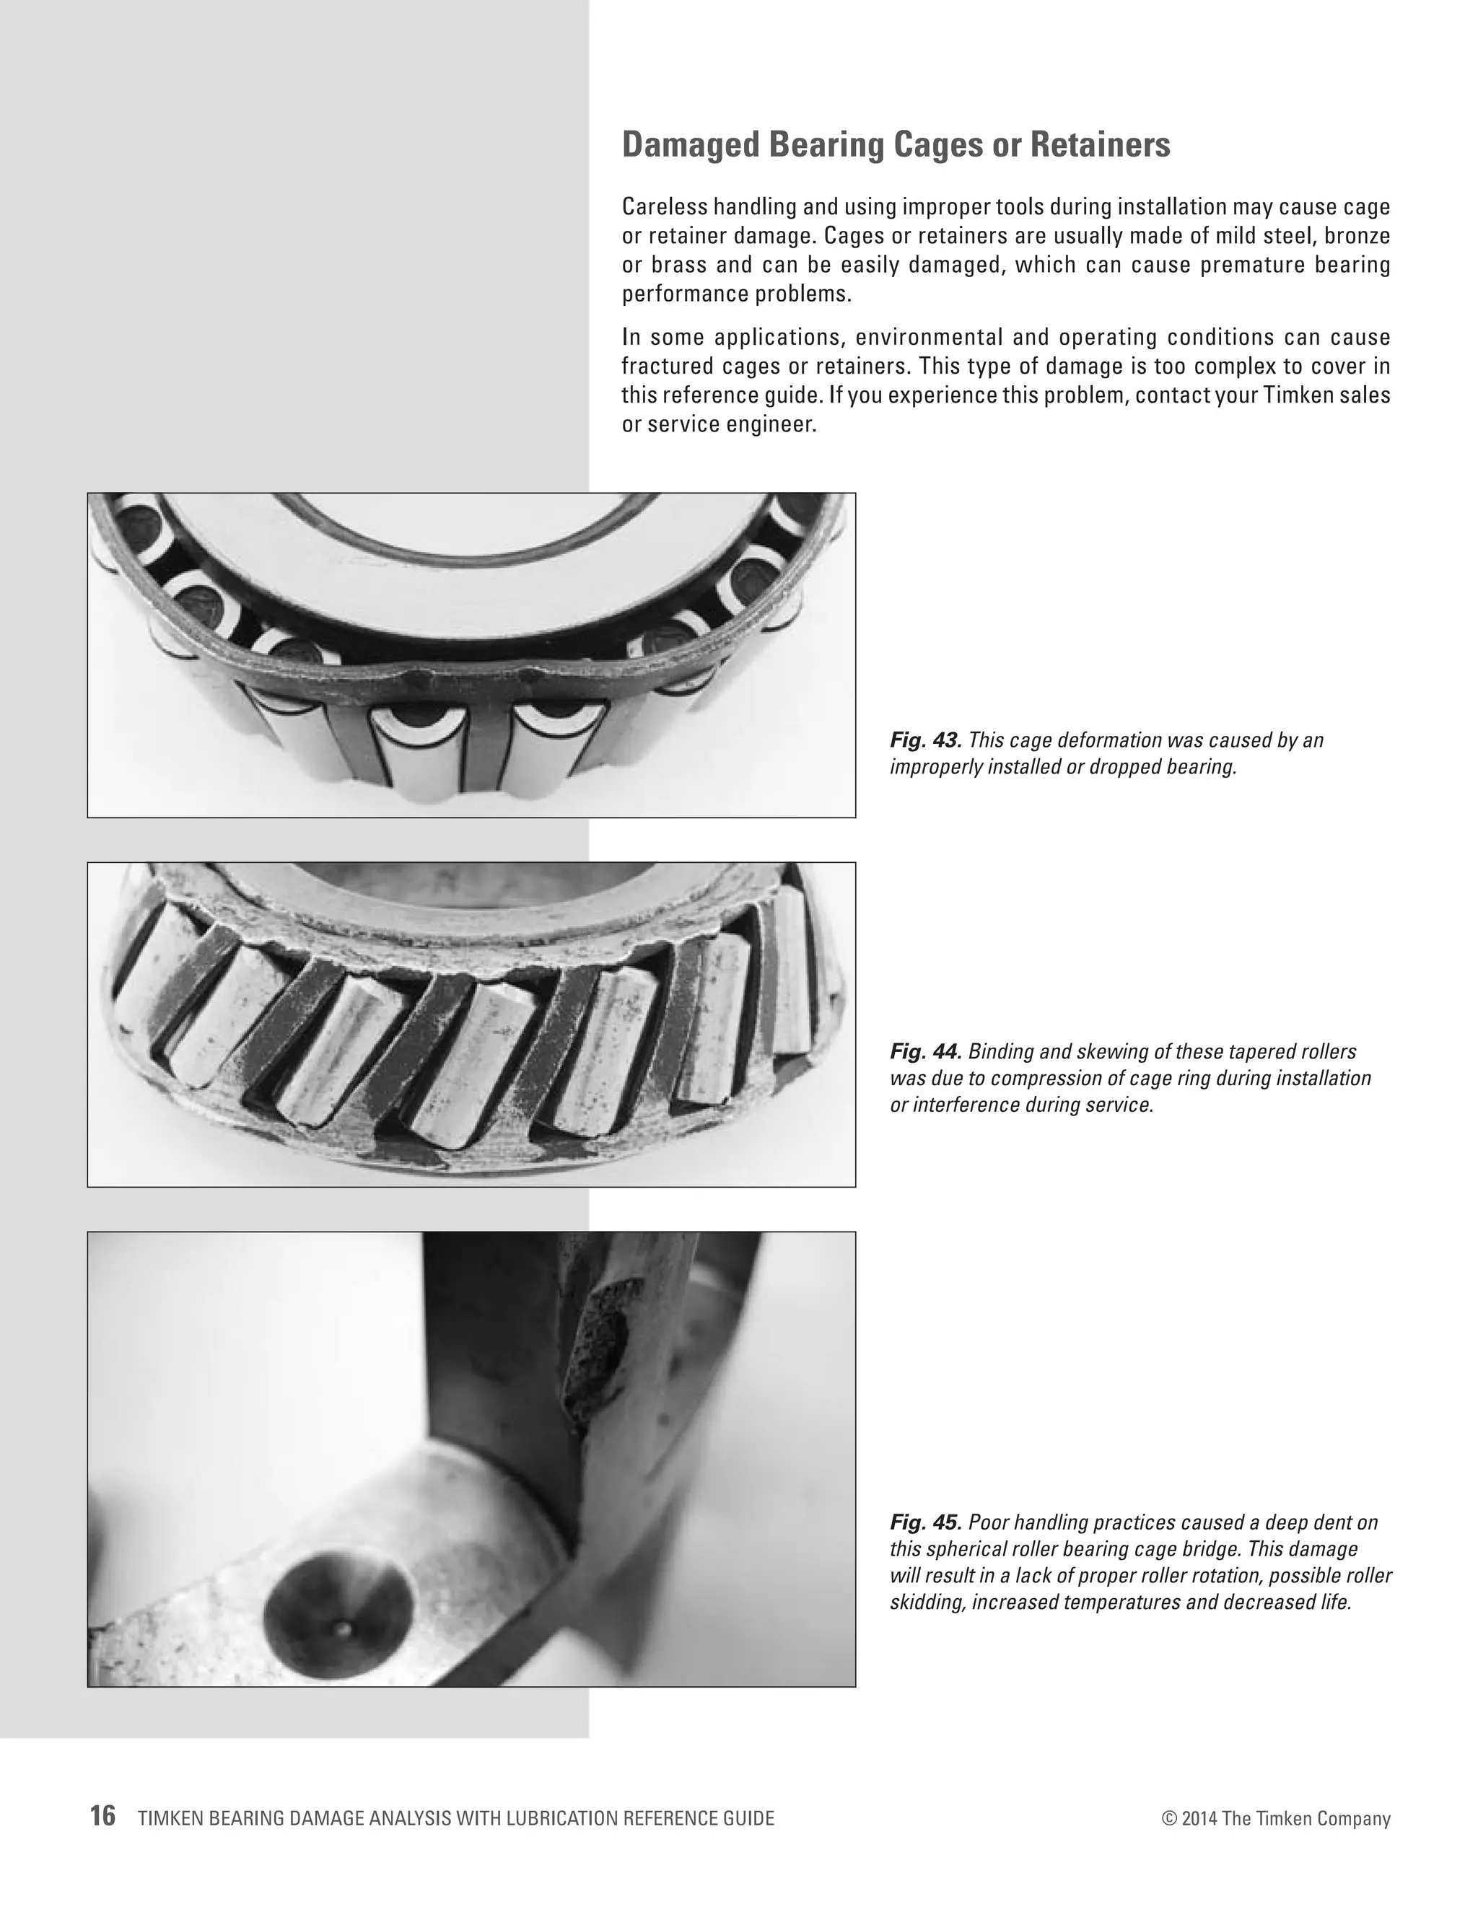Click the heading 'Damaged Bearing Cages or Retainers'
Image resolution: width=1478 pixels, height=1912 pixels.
(895, 145)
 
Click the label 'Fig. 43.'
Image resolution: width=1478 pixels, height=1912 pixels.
(925, 741)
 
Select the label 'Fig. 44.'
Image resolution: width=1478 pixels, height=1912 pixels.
(925, 1051)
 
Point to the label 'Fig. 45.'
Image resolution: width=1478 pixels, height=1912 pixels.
(925, 1522)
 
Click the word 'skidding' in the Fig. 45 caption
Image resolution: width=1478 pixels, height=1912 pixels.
(927, 1603)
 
